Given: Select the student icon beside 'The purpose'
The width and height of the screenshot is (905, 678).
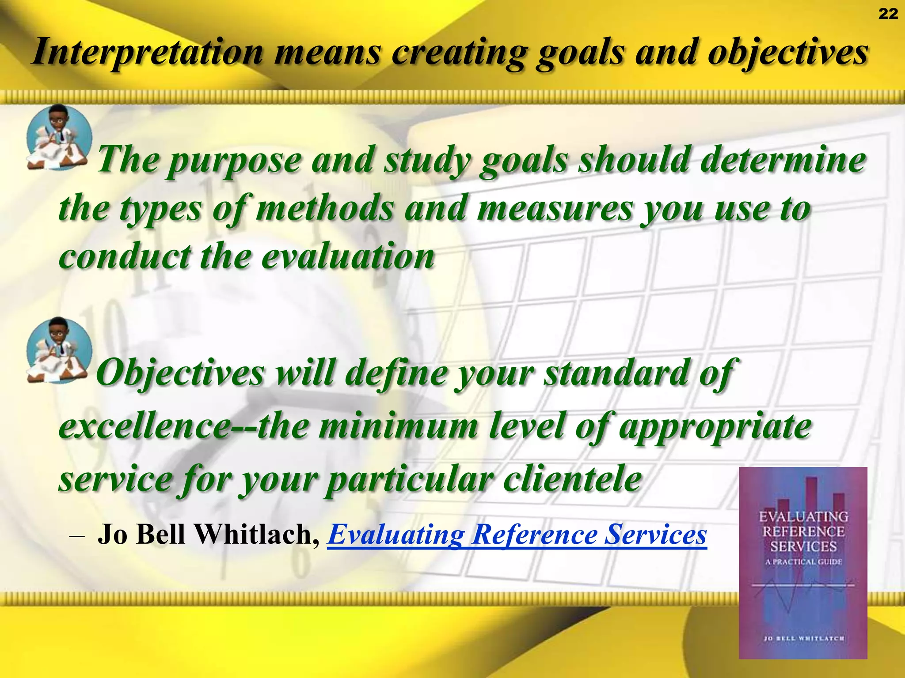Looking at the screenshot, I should click(x=59, y=137).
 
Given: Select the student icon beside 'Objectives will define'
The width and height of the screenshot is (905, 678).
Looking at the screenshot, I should click(x=59, y=350).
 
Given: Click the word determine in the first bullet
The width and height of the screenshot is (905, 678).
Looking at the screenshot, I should click(x=783, y=160).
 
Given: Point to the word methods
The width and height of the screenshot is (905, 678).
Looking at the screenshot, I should click(x=324, y=208).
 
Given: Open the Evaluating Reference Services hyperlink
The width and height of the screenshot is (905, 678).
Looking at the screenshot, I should click(x=517, y=535).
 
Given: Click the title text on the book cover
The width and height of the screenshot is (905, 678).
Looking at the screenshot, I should click(x=803, y=531).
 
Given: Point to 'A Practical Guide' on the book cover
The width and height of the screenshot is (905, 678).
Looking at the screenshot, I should click(x=803, y=562).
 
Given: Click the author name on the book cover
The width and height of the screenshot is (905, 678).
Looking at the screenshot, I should click(x=804, y=638).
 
